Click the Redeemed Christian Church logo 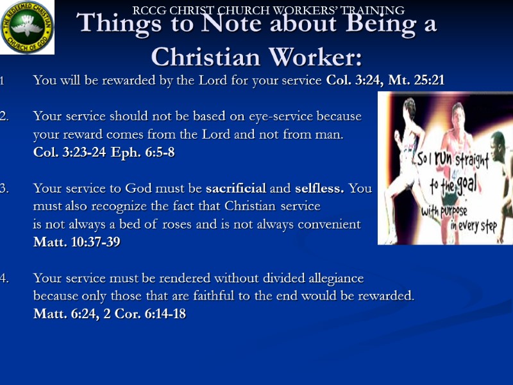(x=28, y=27)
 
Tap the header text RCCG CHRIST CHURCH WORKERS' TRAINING (x=268, y=10)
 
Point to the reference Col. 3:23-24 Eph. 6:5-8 (x=104, y=153)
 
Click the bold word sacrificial (x=235, y=189)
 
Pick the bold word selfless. (x=319, y=189)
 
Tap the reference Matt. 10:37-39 (x=76, y=243)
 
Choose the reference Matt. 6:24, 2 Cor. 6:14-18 (x=110, y=314)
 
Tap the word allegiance (x=328, y=278)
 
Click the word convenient (x=329, y=225)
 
